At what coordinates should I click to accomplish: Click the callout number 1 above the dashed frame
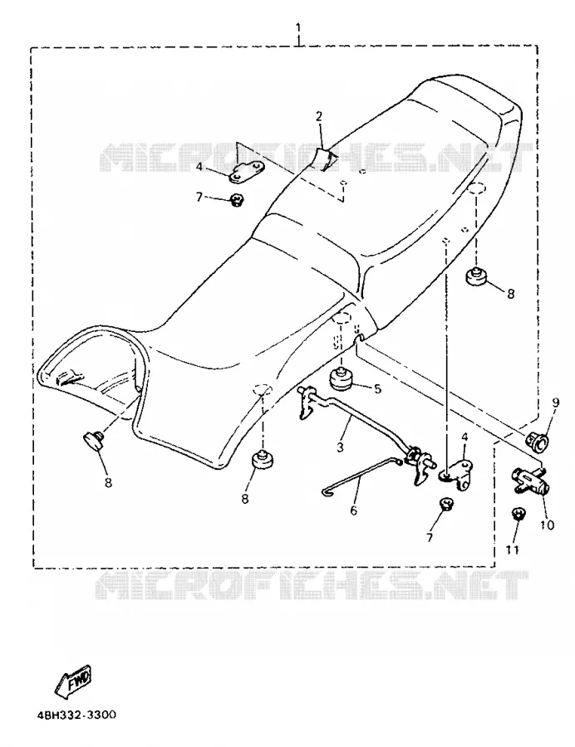point(298,27)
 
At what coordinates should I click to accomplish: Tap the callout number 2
point(319,115)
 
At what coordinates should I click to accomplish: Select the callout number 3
point(340,447)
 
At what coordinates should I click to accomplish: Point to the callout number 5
point(377,389)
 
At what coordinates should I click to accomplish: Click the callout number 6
point(353,510)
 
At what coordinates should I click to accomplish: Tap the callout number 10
point(548,525)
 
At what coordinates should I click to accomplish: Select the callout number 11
point(512,549)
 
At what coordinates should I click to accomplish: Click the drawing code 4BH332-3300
point(76,715)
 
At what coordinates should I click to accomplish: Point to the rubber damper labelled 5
point(342,378)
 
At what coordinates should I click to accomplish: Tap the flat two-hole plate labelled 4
point(247,173)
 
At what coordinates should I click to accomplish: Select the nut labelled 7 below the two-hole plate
point(236,200)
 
